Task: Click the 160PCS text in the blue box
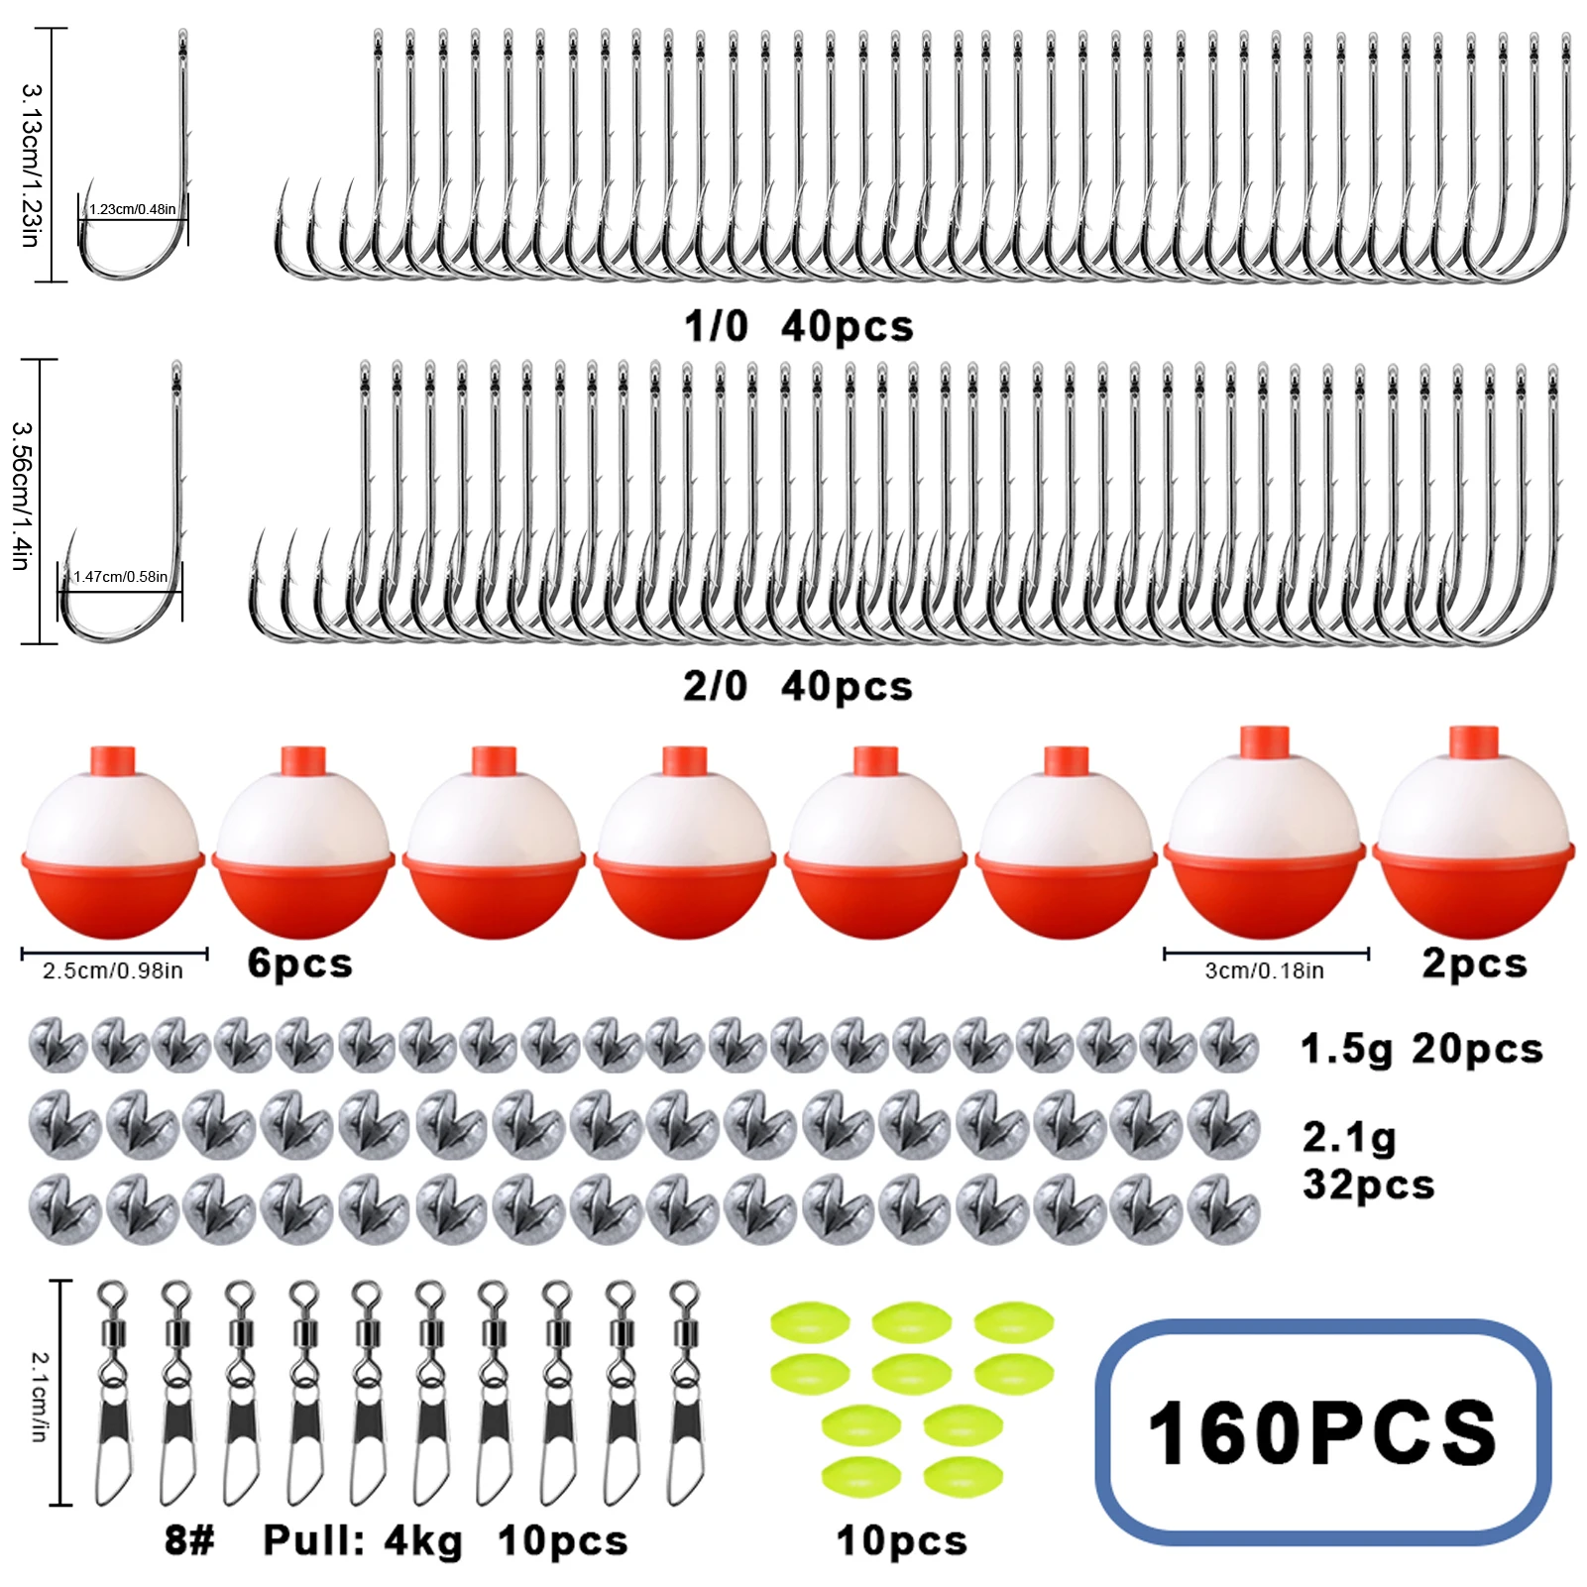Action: [x=1322, y=1432]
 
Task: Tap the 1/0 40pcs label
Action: [x=799, y=326]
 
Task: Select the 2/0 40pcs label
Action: [x=798, y=686]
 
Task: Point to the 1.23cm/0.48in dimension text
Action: [x=132, y=209]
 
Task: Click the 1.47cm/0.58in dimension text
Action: [x=120, y=576]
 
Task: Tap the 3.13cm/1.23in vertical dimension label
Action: [x=32, y=165]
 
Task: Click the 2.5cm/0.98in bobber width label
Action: [x=113, y=970]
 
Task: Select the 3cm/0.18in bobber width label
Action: [x=1265, y=970]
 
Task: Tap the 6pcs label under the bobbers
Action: [x=300, y=964]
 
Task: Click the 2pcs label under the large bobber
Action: [x=1475, y=964]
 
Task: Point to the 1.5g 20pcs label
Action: [x=1422, y=1049]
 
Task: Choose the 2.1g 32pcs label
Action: [x=1369, y=1161]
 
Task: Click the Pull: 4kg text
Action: [x=363, y=1541]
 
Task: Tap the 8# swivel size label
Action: [x=189, y=1540]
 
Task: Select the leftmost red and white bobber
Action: [x=113, y=842]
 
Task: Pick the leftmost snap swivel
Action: [x=113, y=1393]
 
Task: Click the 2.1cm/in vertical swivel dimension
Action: [x=41, y=1396]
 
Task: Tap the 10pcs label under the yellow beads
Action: [x=902, y=1541]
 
